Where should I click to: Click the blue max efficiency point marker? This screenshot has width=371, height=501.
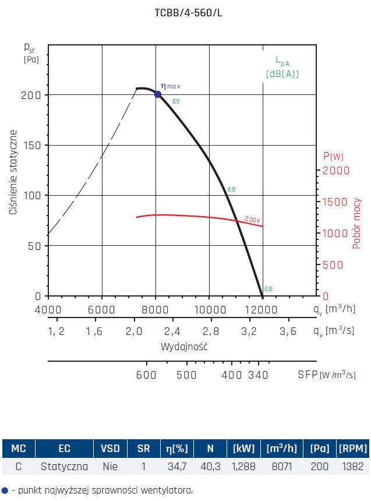[x=158, y=94]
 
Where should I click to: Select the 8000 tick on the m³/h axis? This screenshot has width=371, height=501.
[x=156, y=309]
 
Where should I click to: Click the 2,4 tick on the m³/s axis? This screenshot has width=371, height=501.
[x=172, y=331]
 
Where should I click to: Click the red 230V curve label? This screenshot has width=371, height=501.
[x=252, y=220]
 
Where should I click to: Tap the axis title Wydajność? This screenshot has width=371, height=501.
[x=185, y=347]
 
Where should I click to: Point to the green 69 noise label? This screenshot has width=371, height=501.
[x=176, y=102]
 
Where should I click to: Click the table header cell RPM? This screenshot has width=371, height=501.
[x=353, y=449]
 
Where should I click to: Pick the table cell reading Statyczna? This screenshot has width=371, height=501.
[x=64, y=466]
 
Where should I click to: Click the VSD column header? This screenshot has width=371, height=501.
[x=111, y=449]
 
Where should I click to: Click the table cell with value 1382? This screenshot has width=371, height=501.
[x=353, y=466]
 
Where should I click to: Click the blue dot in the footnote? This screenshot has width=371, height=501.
[x=5, y=491]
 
